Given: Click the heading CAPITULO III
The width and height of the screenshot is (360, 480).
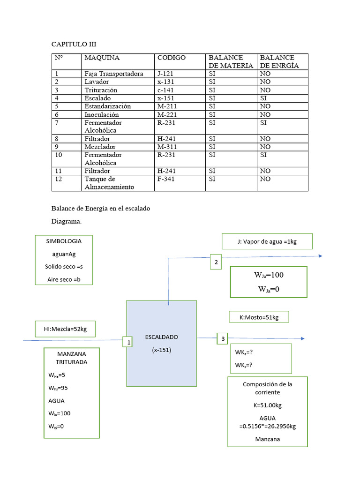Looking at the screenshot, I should tap(74, 44).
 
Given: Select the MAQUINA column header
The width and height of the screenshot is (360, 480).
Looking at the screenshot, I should tap(102, 58).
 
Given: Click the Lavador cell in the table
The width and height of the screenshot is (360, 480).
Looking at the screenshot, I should tap(97, 82).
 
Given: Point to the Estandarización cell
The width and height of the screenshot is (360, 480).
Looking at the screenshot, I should tap(107, 106).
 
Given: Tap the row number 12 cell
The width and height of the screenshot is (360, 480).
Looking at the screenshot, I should tap(59, 179).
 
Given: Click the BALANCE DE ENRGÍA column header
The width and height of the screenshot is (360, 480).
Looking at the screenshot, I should tap(279, 61).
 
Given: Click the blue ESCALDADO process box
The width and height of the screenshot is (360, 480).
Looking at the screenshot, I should tap(161, 343).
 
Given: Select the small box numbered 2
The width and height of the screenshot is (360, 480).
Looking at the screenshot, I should tap(216, 262).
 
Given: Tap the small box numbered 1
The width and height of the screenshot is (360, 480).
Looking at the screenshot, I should tap(128, 343).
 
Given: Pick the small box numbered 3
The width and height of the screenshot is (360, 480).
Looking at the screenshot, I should tap(223, 338).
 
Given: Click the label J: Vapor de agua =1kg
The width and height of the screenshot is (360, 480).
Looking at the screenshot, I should tap(267, 241).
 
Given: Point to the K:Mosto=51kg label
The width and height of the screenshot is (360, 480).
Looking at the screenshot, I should tap(259, 317).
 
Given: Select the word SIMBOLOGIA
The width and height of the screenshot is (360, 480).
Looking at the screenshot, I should tap(64, 241).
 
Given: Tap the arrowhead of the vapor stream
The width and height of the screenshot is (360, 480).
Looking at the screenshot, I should tap(321, 255).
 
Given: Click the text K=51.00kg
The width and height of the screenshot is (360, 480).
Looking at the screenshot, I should tap(267, 405).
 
